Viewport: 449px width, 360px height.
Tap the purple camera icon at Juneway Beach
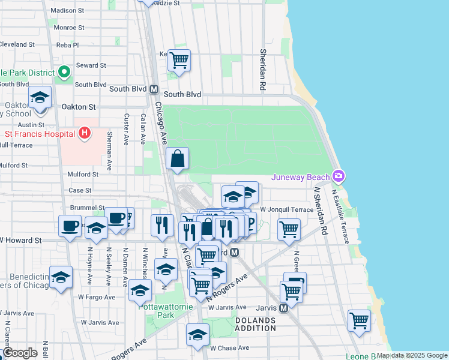pos(339,176)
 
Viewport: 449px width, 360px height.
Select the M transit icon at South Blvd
pos(154,89)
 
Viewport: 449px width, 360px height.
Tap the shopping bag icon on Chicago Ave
pos(178,159)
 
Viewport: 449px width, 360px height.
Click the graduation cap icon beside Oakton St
pos(40,98)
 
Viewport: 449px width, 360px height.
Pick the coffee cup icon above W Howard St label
pos(70,226)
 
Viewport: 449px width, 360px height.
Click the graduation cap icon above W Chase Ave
pos(197,335)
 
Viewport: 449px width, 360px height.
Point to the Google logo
pos(20,353)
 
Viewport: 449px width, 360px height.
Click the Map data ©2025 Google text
pos(412,355)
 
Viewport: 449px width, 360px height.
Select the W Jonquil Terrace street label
pos(286,209)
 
